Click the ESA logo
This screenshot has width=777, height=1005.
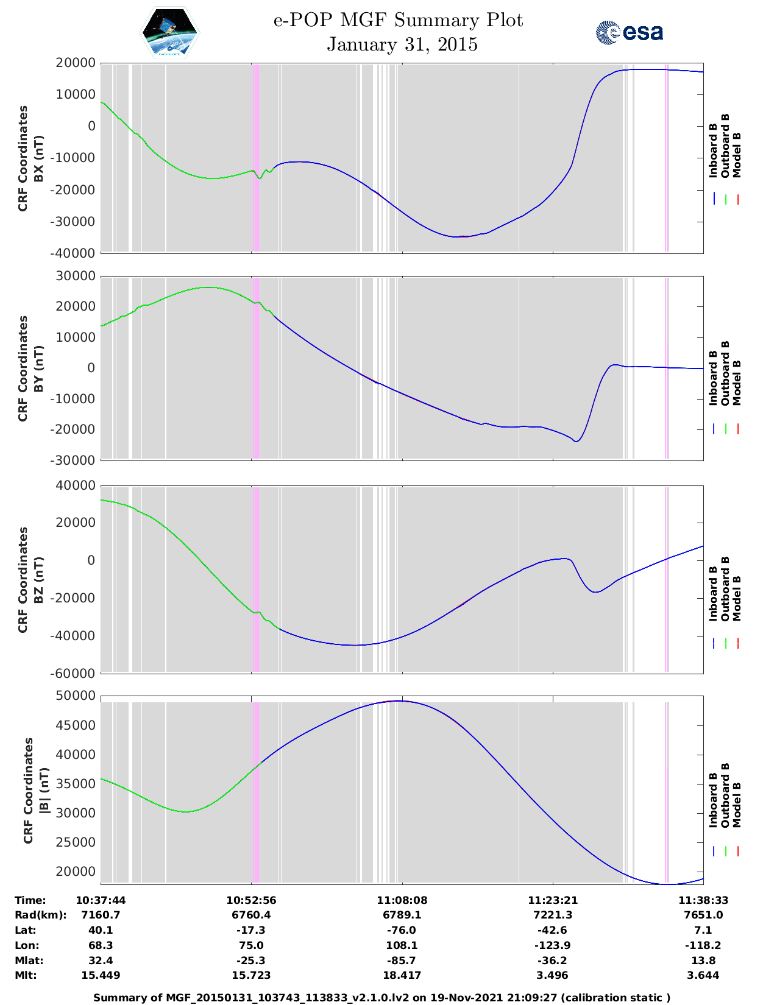[x=629, y=32]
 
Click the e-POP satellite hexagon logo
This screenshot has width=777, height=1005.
[x=170, y=33]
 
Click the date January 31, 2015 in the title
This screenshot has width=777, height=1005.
[x=402, y=44]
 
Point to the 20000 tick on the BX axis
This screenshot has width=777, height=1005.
[x=76, y=63]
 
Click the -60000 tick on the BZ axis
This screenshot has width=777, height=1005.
[x=76, y=674]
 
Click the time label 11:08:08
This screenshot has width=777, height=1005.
[x=402, y=900]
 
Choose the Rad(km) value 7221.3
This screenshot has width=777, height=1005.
[x=552, y=915]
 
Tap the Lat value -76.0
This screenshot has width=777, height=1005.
[x=402, y=930]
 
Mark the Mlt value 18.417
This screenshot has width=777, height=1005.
[x=402, y=975]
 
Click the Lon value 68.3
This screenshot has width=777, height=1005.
[x=101, y=945]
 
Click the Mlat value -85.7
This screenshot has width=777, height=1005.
[x=402, y=961]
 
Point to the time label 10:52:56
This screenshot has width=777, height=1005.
[x=251, y=900]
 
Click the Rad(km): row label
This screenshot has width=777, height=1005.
[x=40, y=915]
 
